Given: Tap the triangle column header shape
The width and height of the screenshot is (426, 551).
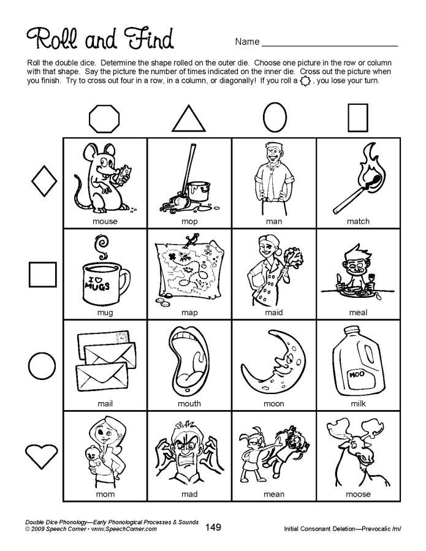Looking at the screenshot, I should click(x=189, y=118).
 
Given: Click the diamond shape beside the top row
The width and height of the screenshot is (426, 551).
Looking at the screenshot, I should click(x=43, y=180).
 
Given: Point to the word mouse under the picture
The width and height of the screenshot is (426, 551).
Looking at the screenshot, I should click(x=105, y=221).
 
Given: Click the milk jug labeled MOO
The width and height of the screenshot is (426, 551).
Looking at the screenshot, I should click(x=357, y=368).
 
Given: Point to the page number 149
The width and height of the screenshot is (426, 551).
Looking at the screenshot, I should click(x=213, y=527).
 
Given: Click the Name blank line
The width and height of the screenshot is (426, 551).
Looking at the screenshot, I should click(x=329, y=45).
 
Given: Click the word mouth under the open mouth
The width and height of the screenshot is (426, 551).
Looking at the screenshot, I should click(x=189, y=404).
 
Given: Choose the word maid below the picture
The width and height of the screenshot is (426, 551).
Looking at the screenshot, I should click(x=273, y=312).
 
